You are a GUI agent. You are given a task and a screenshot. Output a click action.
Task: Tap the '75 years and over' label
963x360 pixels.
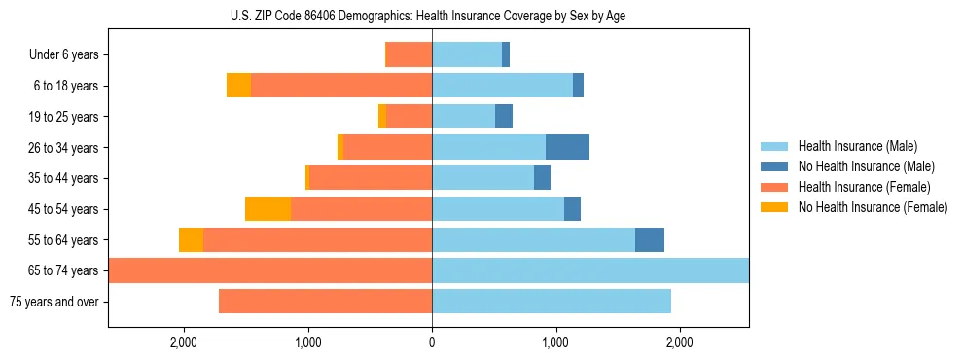pos(53,302)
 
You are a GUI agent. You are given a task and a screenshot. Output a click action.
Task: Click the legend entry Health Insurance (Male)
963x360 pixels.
pos(857,147)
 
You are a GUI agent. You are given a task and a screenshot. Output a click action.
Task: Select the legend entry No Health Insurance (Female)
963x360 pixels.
pos(873,207)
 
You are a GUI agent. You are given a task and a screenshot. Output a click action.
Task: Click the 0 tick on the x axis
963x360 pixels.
pos(432,342)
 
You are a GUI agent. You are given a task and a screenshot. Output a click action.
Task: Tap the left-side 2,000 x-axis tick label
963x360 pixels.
pos(184,342)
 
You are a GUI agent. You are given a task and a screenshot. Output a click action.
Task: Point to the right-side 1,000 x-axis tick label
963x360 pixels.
pos(555,342)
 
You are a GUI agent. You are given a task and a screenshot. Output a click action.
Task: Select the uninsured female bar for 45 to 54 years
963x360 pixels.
pos(267,209)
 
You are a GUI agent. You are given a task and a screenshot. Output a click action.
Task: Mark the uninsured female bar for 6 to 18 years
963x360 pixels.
pos(238,86)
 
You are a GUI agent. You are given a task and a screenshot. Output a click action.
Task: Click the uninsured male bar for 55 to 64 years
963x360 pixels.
pos(650,240)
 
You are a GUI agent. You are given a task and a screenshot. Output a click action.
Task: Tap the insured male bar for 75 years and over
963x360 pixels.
pos(552,302)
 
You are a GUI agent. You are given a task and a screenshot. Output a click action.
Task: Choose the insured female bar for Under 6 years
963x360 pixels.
pos(410,55)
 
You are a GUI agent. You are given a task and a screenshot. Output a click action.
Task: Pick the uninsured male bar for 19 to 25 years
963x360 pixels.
pos(504,117)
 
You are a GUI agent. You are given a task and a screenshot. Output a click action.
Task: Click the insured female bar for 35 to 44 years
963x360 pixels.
pos(371,178)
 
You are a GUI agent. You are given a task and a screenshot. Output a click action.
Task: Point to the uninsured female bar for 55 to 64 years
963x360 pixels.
pos(191,240)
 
